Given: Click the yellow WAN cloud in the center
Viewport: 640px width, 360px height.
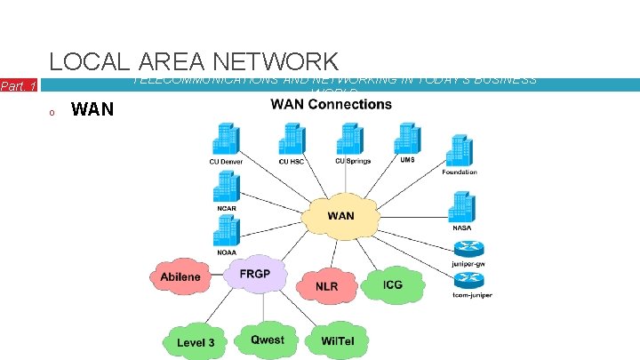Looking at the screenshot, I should click(x=340, y=216).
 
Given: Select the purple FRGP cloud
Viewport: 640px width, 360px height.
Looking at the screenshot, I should click(x=254, y=272).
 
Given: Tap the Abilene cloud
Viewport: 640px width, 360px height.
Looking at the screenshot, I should click(x=180, y=276).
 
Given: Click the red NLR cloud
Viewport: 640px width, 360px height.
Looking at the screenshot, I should click(x=326, y=286).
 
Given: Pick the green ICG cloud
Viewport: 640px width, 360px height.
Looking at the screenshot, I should click(x=392, y=284).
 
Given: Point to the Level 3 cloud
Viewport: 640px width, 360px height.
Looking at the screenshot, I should click(x=196, y=341).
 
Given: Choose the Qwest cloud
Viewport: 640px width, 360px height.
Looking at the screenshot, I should click(x=267, y=340).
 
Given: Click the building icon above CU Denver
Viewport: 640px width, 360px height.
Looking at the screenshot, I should click(x=226, y=139).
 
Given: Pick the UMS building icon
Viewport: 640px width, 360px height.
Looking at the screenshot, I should click(x=407, y=138).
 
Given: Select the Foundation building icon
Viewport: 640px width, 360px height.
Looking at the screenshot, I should click(x=460, y=149).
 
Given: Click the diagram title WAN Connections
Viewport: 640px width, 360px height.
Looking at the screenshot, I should click(x=331, y=105).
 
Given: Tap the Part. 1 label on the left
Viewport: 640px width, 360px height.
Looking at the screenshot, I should click(x=19, y=86).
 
